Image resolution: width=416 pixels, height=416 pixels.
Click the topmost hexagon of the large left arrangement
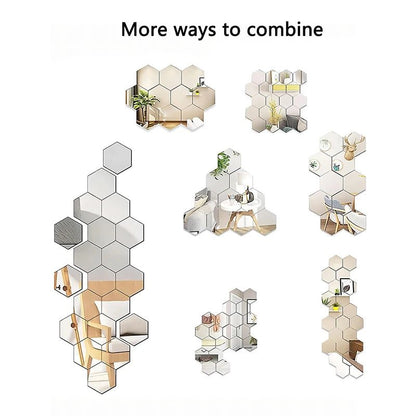[113, 157]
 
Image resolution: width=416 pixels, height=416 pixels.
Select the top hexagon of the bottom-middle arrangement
[238, 297]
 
